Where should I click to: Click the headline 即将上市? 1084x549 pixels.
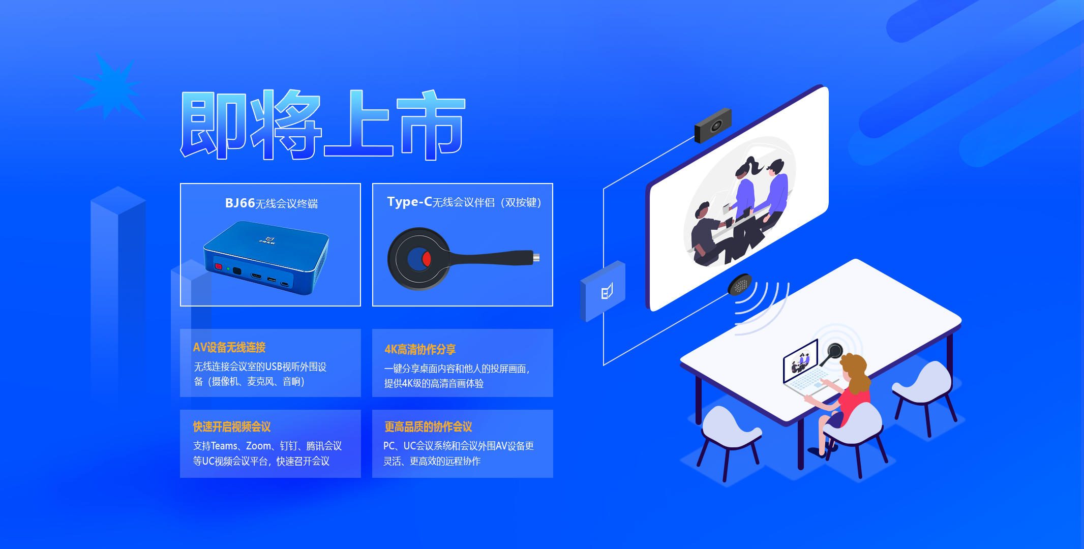click(x=323, y=125)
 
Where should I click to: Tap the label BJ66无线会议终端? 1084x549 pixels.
click(x=271, y=203)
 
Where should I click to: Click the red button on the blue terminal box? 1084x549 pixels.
click(x=219, y=266)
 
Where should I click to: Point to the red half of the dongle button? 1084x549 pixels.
click(x=427, y=259)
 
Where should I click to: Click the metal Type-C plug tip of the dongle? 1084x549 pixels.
click(x=536, y=257)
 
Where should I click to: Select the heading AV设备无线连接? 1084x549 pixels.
click(x=229, y=347)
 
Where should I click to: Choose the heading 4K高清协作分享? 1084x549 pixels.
click(x=420, y=349)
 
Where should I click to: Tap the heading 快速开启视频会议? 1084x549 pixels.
click(x=232, y=426)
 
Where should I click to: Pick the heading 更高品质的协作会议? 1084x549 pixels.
click(x=428, y=426)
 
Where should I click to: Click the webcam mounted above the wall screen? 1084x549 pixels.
click(x=713, y=126)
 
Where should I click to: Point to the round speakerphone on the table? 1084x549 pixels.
click(x=740, y=285)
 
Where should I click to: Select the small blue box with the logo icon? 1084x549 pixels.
click(x=603, y=291)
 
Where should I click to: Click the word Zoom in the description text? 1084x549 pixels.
click(x=258, y=446)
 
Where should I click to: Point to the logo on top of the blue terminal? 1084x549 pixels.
click(x=267, y=240)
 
